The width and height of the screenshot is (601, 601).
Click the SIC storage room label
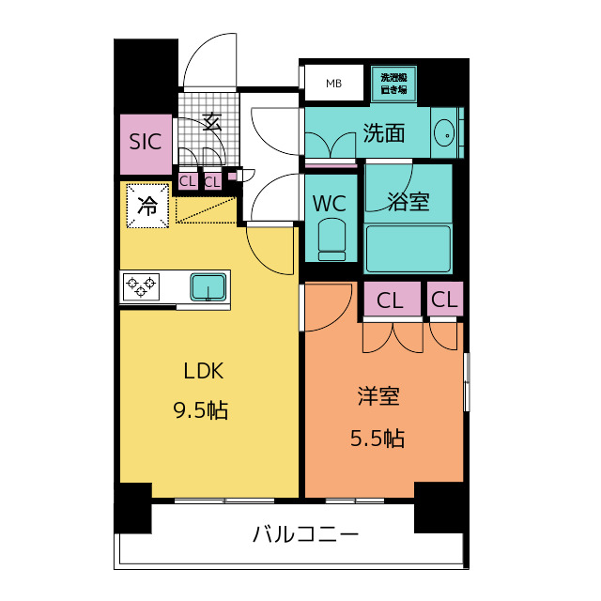(x=146, y=142)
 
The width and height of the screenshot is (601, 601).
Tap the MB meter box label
(x=334, y=84)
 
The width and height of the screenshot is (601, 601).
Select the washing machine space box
(x=393, y=84)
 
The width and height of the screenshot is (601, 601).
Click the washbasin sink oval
(x=444, y=133)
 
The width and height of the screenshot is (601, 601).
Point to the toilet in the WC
(x=331, y=239)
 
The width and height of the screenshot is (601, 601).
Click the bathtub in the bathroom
(x=408, y=249)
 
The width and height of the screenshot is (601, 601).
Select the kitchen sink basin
(x=208, y=287)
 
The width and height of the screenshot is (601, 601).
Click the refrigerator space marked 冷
(x=147, y=206)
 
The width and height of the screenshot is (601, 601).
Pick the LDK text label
(x=203, y=371)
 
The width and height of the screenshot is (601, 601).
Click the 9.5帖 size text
(x=201, y=410)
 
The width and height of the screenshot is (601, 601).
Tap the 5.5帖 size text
(x=378, y=439)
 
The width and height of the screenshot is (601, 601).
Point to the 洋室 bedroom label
(x=378, y=396)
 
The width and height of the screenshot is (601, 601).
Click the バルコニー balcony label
(x=305, y=533)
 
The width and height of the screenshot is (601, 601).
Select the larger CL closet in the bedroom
(x=392, y=300)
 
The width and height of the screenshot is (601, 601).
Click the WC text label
(x=330, y=204)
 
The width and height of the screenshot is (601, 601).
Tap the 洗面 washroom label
(x=384, y=133)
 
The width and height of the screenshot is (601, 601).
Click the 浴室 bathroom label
(x=408, y=201)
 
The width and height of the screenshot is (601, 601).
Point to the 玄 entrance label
(x=212, y=121)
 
